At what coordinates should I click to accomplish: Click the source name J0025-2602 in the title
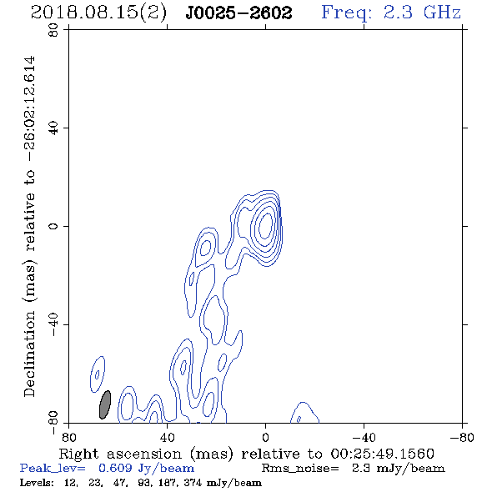pos(238,13)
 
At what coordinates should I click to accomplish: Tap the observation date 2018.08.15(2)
pos(98,13)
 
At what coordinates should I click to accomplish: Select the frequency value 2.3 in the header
pos(398,13)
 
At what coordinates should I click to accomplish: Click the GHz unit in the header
pos(442,13)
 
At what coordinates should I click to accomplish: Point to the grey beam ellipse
pos(105,404)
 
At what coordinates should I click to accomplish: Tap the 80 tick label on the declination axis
pos(53,30)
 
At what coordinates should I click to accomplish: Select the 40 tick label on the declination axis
pos(53,128)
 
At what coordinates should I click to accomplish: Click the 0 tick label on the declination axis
pos(53,226)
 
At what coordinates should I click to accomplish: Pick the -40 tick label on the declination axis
pos(53,324)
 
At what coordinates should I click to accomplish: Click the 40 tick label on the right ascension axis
pos(167,437)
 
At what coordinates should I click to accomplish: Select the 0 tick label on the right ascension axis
pos(265,437)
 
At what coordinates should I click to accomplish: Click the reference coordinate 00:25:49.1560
pos(382,454)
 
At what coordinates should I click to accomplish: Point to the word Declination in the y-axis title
pos(29,354)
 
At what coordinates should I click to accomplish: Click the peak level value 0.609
pos(115,468)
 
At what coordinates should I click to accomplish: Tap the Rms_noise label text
pos(300,469)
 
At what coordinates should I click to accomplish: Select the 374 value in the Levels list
pos(193,483)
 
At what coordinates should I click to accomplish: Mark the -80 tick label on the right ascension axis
pos(462,437)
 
